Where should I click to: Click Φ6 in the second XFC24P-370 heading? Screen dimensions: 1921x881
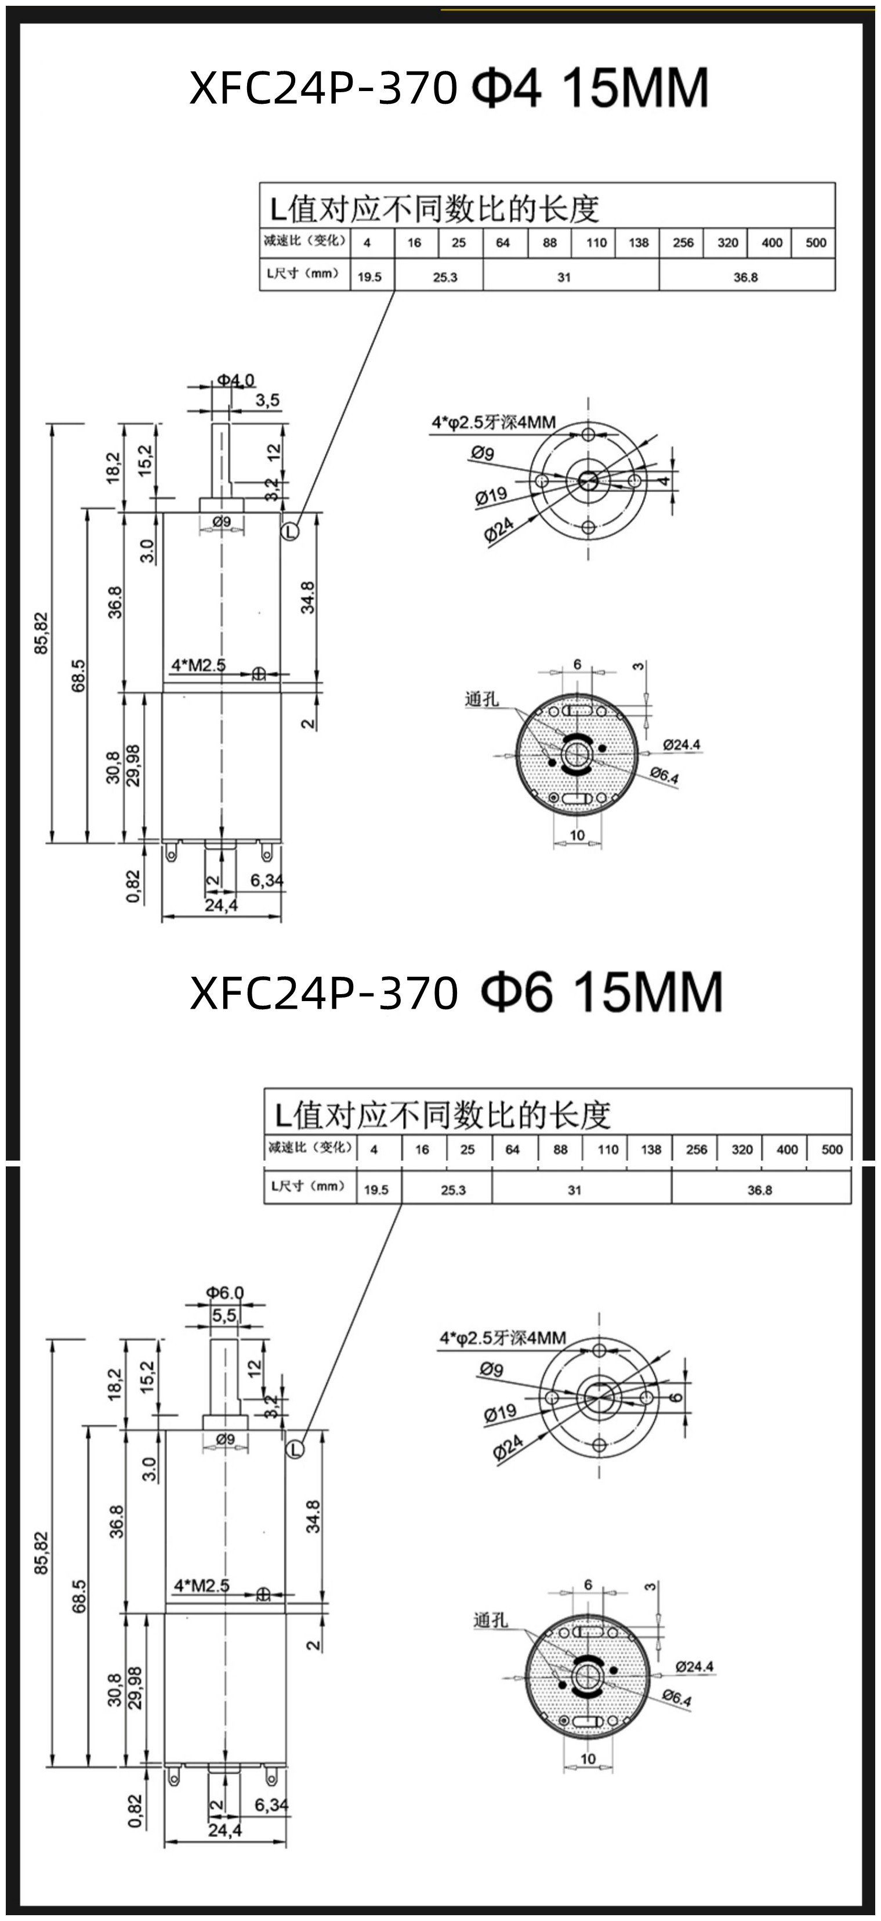[517, 992]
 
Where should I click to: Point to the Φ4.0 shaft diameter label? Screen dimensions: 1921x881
[235, 380]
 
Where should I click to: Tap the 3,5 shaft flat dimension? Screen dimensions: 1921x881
[267, 400]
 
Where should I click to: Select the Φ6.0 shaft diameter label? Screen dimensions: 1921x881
[225, 1292]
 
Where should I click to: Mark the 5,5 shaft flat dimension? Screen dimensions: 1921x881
[224, 1315]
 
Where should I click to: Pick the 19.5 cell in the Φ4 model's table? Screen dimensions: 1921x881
[369, 277]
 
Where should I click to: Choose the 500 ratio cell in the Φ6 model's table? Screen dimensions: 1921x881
[832, 1149]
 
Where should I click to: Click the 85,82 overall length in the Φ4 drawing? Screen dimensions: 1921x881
[41, 633]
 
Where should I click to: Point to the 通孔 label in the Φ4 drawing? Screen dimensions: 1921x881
[481, 699]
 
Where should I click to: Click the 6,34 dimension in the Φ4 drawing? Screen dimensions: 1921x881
[266, 880]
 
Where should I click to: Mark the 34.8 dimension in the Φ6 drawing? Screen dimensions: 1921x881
[313, 1516]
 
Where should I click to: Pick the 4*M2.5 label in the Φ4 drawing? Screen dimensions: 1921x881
[198, 665]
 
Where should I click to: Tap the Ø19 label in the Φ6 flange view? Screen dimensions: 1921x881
[500, 1412]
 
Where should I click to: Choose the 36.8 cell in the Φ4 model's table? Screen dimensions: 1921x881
[745, 277]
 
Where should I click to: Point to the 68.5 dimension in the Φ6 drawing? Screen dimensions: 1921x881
[79, 1594]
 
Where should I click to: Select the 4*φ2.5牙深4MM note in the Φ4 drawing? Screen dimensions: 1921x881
[493, 422]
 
